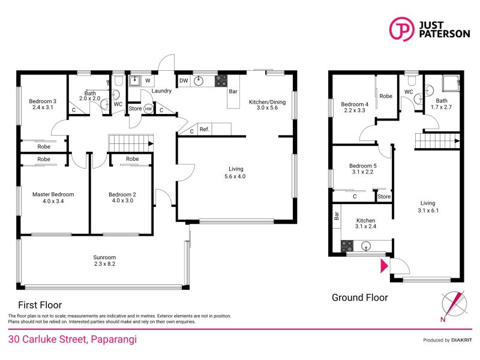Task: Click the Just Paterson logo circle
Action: [x=401, y=29]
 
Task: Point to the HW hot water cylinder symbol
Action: [x=148, y=109]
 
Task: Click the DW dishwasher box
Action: [x=184, y=80]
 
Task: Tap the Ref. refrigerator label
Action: [x=204, y=129]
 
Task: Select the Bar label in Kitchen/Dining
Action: [x=233, y=92]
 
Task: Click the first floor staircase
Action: [x=129, y=143]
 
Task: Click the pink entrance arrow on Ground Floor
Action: [x=384, y=265]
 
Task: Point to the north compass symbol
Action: [x=454, y=303]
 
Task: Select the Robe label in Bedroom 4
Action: [x=386, y=96]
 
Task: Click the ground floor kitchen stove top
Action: [x=347, y=245]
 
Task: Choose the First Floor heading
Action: [x=40, y=305]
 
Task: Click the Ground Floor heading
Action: [x=360, y=298]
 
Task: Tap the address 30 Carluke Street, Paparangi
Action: [x=72, y=340]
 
